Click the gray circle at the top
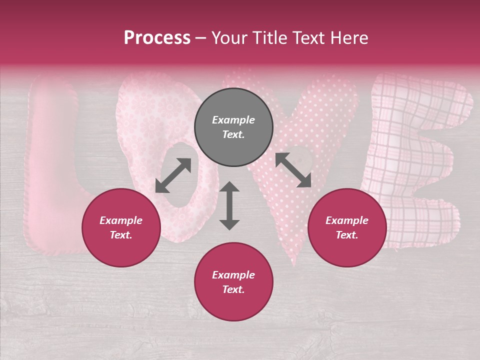[x=233, y=127]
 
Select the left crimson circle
[x=121, y=227]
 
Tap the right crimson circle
[x=347, y=227]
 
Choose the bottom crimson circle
[x=233, y=282]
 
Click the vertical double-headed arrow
[x=229, y=205]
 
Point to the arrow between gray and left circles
[x=173, y=175]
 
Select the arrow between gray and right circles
[x=293, y=170]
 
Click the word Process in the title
[x=157, y=38]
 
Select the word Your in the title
[x=228, y=38]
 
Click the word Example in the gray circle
[x=233, y=120]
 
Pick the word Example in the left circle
[x=121, y=220]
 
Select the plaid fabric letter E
[x=415, y=160]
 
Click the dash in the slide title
[x=201, y=38]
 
